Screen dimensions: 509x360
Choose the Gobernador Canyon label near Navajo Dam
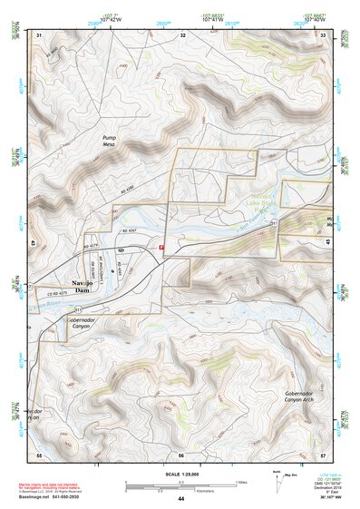[82, 324]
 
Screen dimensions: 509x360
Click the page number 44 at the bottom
[180, 499]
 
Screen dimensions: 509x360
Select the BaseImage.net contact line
[49, 498]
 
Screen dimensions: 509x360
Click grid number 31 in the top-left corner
[39, 34]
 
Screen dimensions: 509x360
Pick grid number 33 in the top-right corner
[323, 34]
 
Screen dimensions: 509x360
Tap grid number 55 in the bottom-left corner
[39, 454]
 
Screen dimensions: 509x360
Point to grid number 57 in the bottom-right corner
[323, 454]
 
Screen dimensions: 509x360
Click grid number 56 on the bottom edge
[180, 454]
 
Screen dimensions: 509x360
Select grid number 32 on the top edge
[182, 34]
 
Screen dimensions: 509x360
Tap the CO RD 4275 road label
[57, 295]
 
